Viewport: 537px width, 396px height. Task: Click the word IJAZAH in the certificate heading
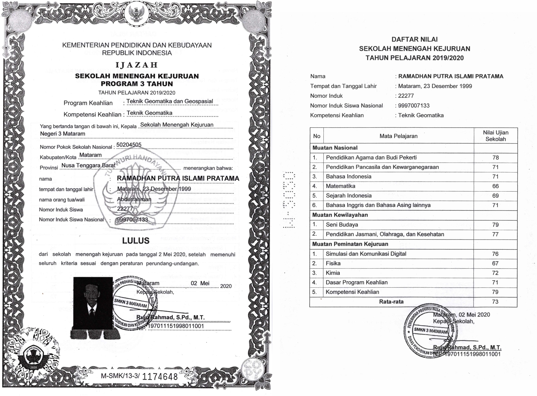(137, 65)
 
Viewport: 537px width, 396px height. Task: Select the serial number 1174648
(160, 376)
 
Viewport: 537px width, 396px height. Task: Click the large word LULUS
(136, 241)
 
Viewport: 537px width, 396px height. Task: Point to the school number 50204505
(129, 145)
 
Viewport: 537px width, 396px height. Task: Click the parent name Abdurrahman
(134, 199)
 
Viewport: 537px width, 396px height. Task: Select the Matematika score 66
(495, 186)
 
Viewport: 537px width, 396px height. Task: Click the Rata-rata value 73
(495, 302)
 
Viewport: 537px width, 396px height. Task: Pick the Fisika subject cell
(333, 263)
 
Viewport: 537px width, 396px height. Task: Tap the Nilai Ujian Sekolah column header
(495, 136)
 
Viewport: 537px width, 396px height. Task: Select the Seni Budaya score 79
(495, 225)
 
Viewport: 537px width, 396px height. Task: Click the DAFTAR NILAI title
(414, 39)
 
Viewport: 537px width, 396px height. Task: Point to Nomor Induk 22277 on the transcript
(406, 96)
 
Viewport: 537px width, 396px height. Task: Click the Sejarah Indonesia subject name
(349, 196)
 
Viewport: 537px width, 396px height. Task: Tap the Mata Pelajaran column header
(398, 136)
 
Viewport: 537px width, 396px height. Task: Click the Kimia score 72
(495, 273)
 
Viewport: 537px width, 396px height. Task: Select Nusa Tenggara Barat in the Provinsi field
(88, 165)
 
